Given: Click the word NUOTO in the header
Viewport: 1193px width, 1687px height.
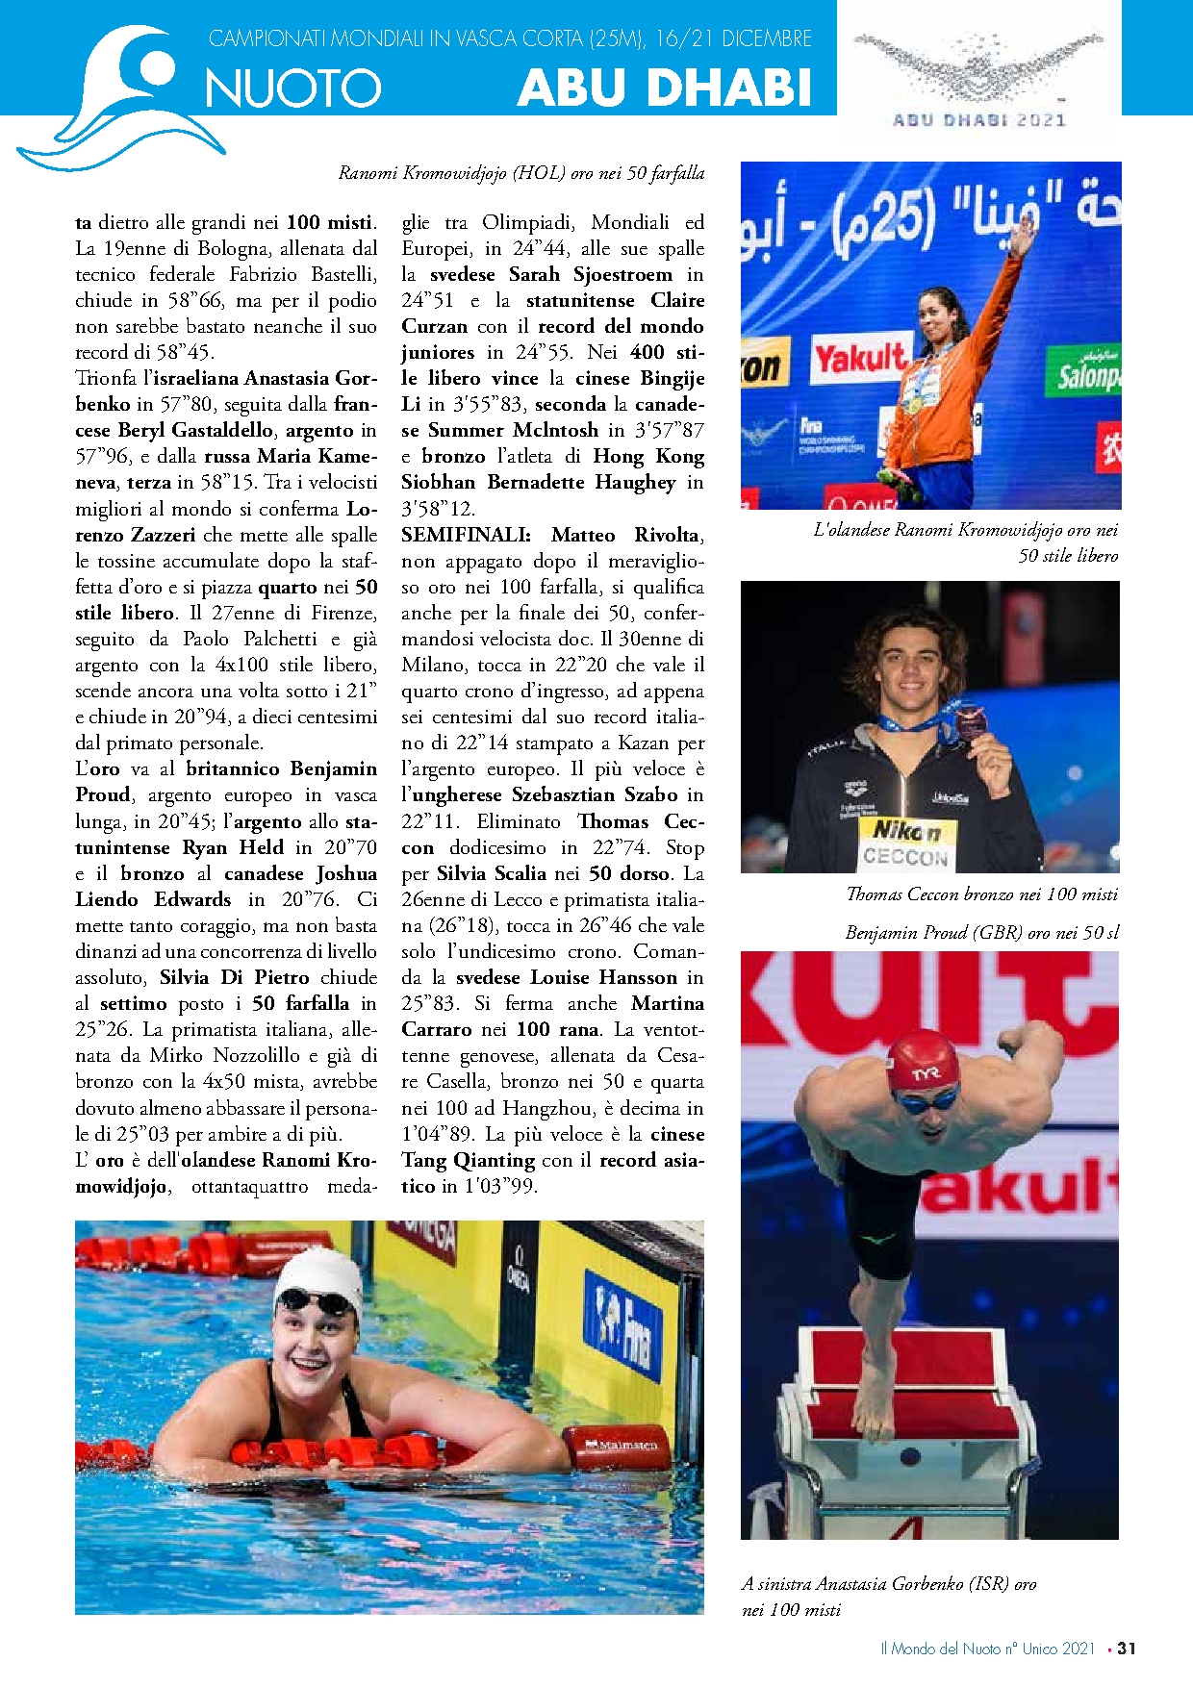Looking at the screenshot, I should click(x=293, y=88).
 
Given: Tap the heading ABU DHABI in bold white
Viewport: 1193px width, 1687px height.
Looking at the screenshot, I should click(x=665, y=88).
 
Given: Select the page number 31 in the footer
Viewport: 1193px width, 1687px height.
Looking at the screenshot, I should click(x=1127, y=1648).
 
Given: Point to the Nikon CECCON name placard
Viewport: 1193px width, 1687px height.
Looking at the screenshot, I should click(x=904, y=843).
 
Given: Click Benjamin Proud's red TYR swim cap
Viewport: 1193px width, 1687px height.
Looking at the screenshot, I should click(x=924, y=1058).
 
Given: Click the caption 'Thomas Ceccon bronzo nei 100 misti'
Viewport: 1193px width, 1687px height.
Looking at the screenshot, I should click(x=981, y=894).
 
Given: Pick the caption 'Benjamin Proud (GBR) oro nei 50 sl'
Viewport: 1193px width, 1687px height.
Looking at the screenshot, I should click(x=981, y=932).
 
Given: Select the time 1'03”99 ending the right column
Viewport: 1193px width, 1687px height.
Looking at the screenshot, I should click(x=499, y=1186).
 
